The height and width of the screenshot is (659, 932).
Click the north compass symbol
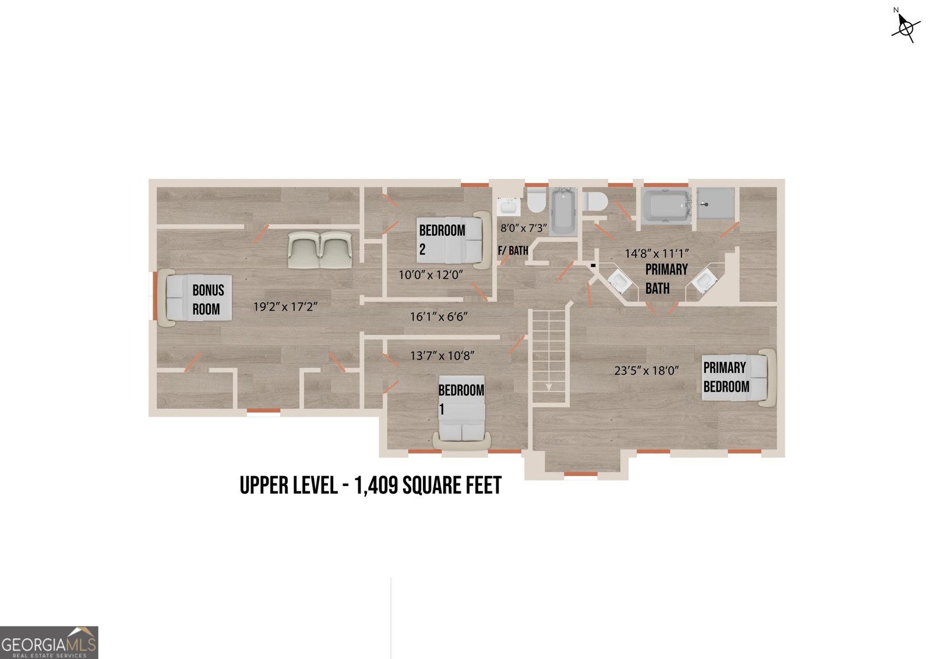(x=905, y=27)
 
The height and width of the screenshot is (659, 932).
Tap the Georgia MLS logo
(x=49, y=642)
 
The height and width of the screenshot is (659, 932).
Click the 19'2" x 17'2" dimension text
(x=285, y=307)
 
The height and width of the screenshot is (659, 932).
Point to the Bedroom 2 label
(x=442, y=240)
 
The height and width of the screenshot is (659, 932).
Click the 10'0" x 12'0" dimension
(x=430, y=275)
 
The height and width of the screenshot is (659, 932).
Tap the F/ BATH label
(x=513, y=251)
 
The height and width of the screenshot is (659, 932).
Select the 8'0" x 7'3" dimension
(x=524, y=228)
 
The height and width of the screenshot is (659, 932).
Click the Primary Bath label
(x=666, y=279)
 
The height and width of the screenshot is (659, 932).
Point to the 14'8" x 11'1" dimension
(x=657, y=253)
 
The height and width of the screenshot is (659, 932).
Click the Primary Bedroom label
(x=726, y=377)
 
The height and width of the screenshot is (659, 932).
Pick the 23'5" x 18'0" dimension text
(x=647, y=371)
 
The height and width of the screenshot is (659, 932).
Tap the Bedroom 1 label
(x=461, y=400)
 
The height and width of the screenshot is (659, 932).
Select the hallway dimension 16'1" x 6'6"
(x=439, y=317)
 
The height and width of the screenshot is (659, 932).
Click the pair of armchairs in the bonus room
(x=320, y=249)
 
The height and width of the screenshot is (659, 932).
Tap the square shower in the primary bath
(x=716, y=203)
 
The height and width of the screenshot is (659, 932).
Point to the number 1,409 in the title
(x=376, y=486)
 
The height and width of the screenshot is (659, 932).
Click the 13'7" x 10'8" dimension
(x=442, y=356)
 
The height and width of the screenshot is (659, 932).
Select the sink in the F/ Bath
(x=509, y=206)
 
